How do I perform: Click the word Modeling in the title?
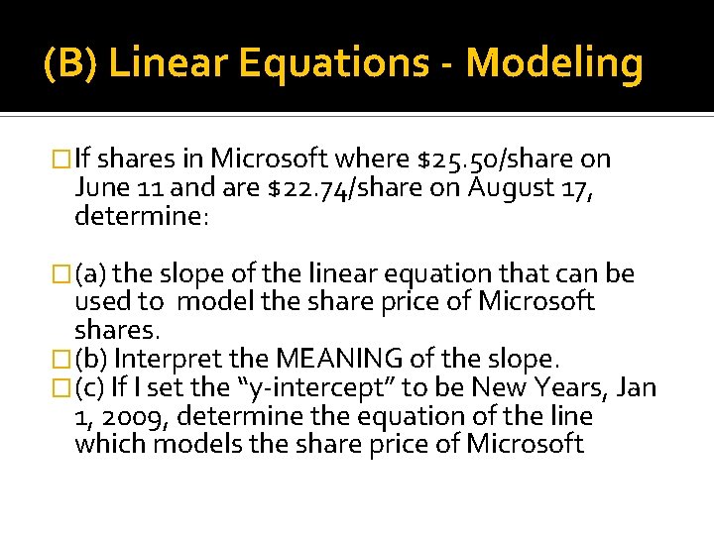click(x=553, y=63)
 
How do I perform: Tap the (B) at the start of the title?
click(x=71, y=63)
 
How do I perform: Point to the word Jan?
click(x=635, y=387)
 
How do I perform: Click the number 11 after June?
click(x=141, y=187)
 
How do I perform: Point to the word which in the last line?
click(x=105, y=444)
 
